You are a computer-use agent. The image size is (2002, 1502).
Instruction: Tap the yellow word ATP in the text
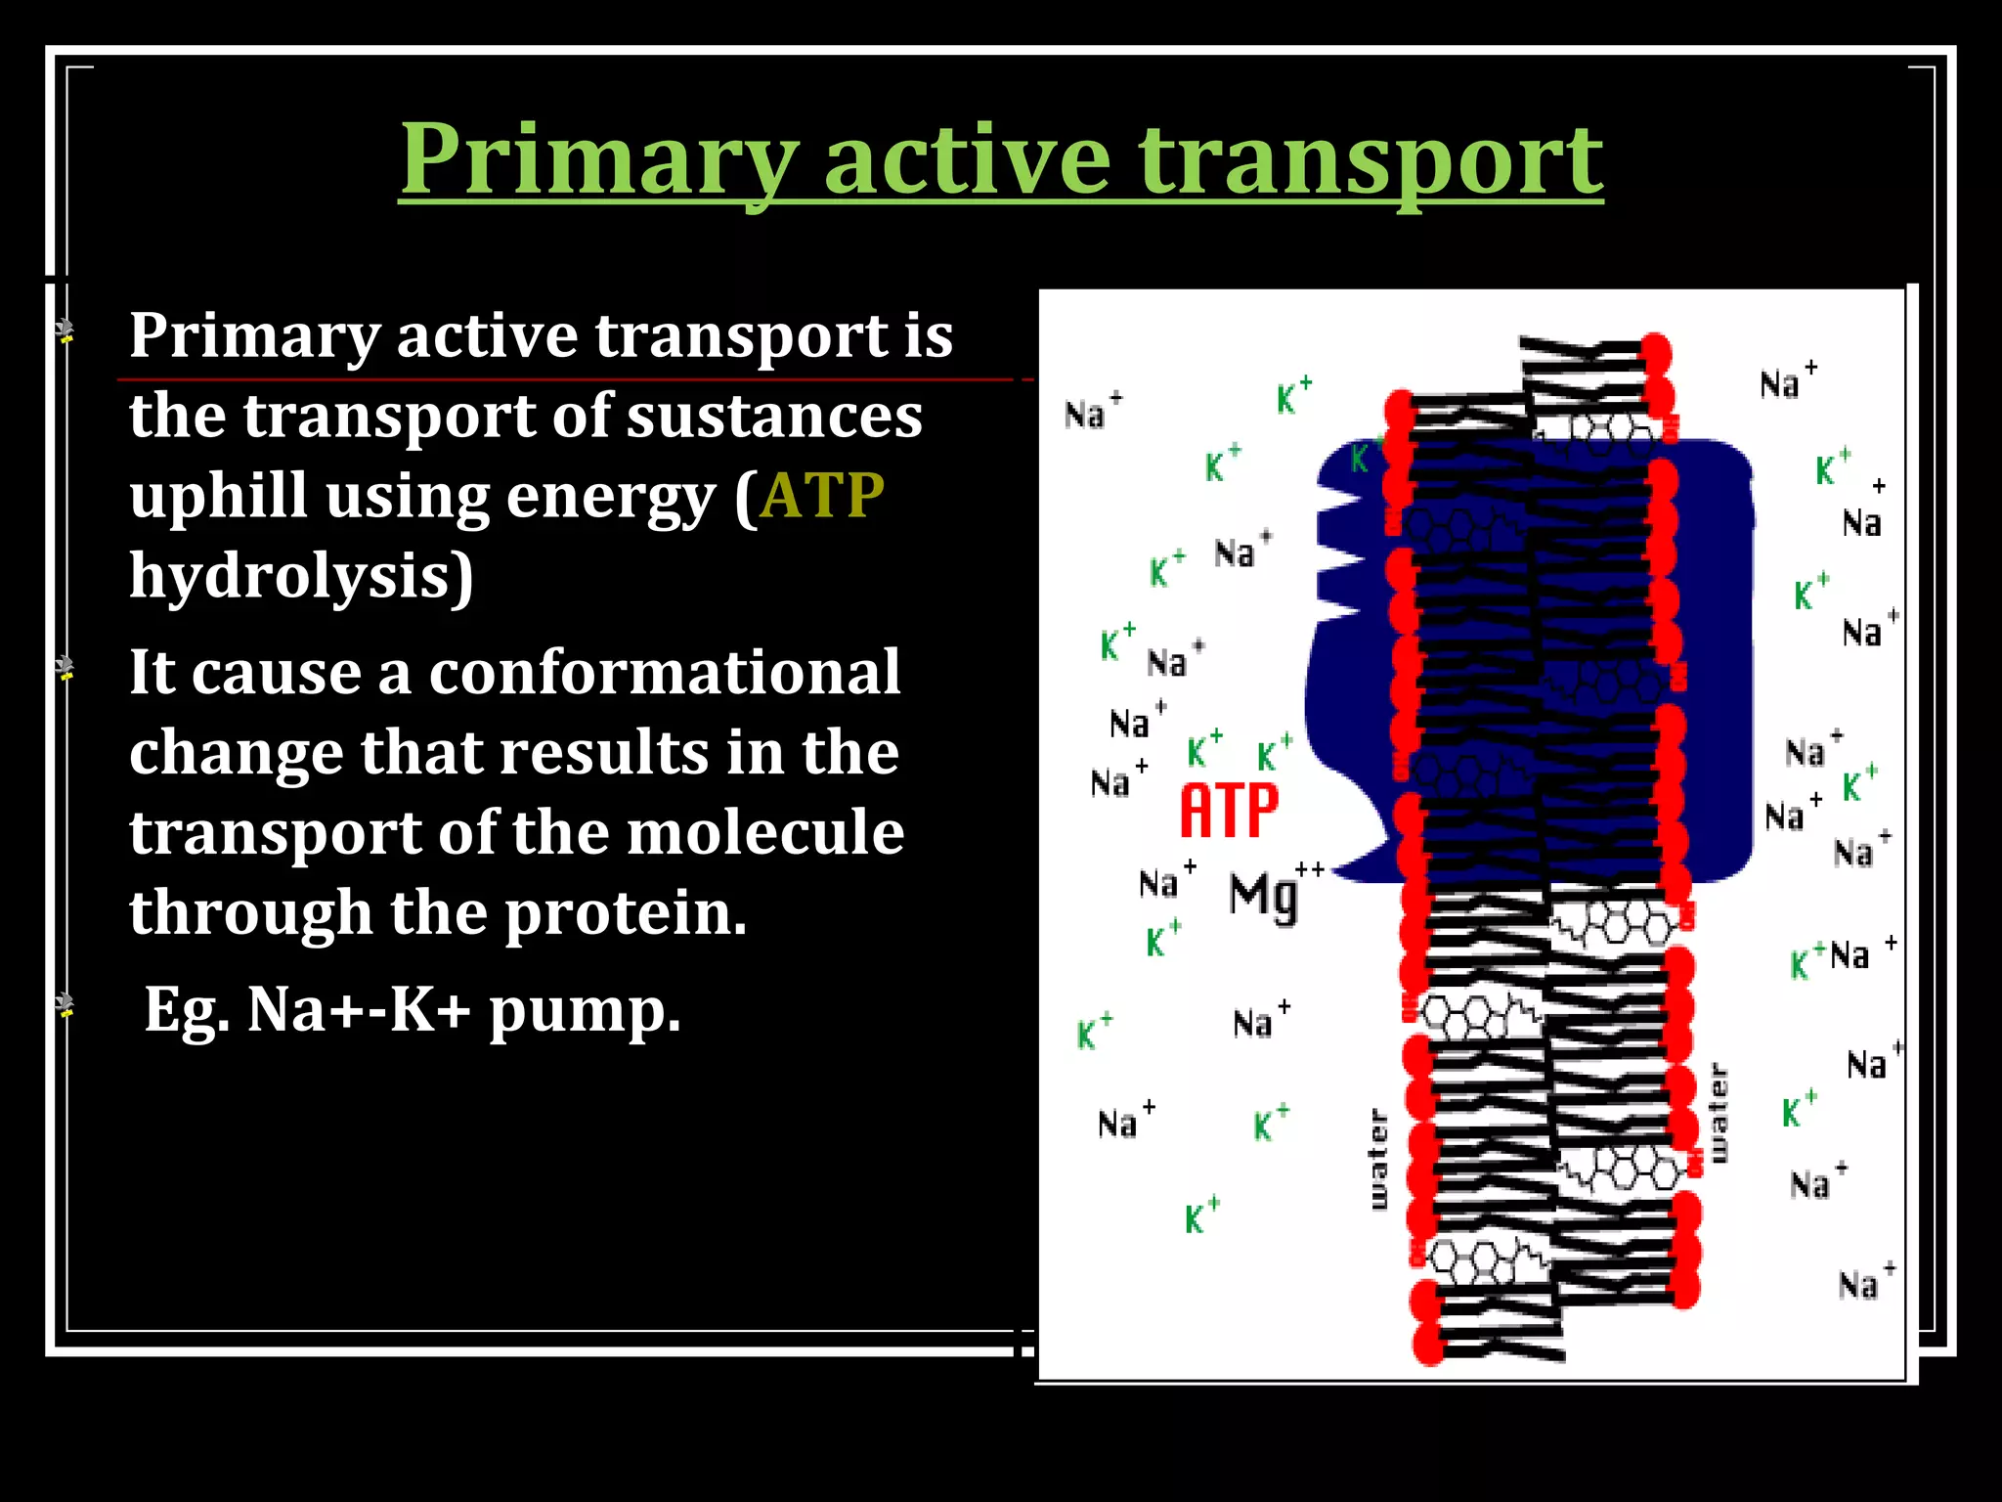tap(821, 495)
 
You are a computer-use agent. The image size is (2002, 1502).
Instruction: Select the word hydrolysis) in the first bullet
tap(301, 577)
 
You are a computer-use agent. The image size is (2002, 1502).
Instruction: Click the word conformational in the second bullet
tap(664, 673)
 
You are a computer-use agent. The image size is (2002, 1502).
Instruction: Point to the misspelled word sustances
tap(773, 415)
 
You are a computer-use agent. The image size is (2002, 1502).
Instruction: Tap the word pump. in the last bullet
tap(584, 1009)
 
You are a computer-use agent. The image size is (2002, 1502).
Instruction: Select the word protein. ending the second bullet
tap(626, 912)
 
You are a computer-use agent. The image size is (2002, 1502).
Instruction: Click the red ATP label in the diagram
tap(1229, 811)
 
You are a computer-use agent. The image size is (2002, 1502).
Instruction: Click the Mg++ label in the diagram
tap(1271, 894)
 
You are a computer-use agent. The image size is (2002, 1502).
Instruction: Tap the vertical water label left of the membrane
tap(1378, 1159)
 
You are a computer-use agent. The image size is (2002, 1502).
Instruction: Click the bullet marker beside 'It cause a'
tap(65, 668)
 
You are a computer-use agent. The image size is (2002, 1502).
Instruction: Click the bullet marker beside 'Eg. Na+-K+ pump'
tap(65, 1004)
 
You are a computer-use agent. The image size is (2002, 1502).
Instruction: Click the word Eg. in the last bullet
tap(187, 1009)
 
